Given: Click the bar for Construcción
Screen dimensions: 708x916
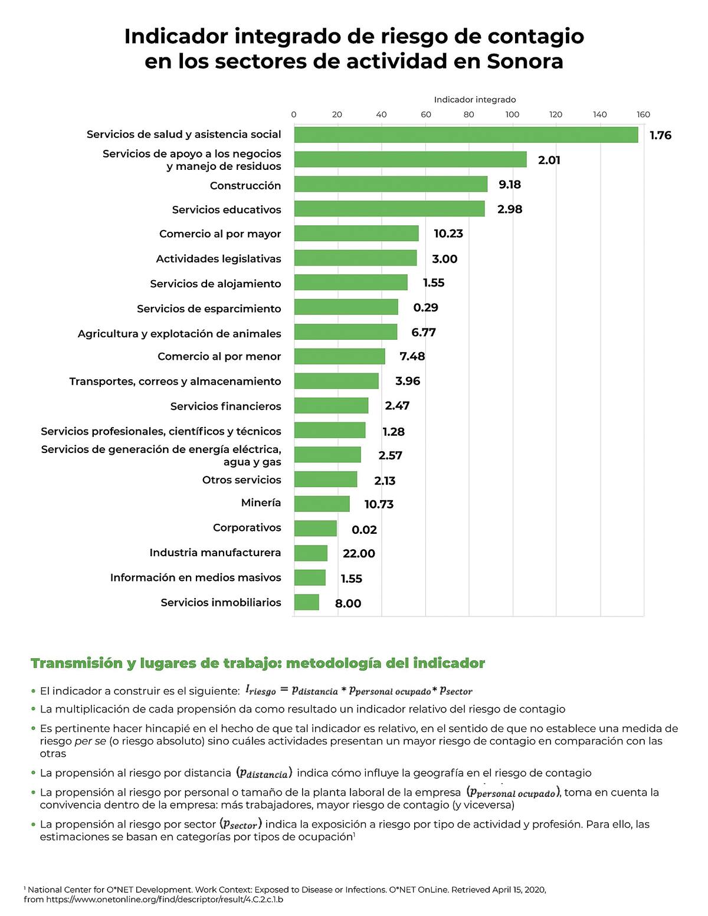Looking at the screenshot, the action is point(391,184).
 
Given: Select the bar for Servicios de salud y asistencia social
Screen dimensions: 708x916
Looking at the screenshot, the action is point(466,135).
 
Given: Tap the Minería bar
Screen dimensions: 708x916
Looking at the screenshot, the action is point(322,504).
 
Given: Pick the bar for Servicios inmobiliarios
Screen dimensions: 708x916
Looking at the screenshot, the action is point(307,602).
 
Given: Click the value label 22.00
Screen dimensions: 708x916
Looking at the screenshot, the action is point(359,553).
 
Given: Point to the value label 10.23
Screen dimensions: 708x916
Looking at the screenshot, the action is point(448,233).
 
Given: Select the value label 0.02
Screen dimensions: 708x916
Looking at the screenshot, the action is point(364,530).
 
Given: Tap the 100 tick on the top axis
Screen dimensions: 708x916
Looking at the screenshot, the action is point(512,114).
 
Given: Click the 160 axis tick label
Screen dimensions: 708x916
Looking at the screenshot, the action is point(644,114).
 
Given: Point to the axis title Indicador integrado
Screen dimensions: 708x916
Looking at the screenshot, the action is point(475,100).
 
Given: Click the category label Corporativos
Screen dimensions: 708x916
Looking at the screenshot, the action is point(247,527).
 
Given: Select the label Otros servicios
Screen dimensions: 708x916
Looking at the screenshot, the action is point(242,480).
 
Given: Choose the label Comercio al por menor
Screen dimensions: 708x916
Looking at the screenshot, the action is point(219,356).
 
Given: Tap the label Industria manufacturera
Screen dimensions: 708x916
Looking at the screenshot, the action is point(215,552).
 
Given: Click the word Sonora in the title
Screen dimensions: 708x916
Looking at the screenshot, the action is point(525,61).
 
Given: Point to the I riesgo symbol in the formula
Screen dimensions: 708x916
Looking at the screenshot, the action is point(261,691).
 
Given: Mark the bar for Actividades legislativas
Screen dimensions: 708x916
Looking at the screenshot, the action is point(355,258).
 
